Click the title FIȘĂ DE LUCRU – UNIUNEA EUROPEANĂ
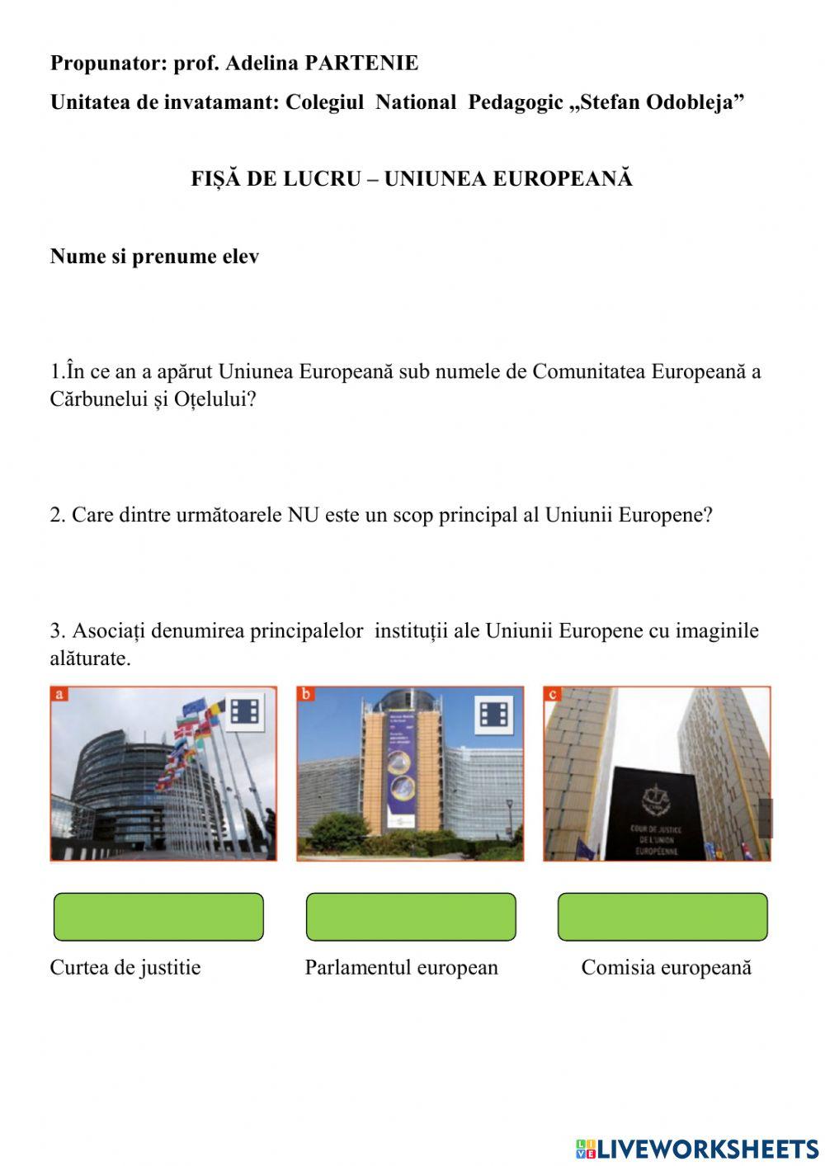point(412,179)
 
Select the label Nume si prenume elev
point(154,257)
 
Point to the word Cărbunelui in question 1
point(99,399)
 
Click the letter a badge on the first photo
point(59,694)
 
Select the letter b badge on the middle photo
point(306,694)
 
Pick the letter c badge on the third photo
point(552,694)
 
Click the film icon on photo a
point(244,711)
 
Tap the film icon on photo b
point(493,714)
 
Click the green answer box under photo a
point(158,917)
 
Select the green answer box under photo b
point(411,917)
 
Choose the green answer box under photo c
point(662,917)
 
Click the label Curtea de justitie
point(125,968)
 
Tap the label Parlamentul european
point(402,968)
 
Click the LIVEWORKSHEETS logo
point(697,1149)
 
